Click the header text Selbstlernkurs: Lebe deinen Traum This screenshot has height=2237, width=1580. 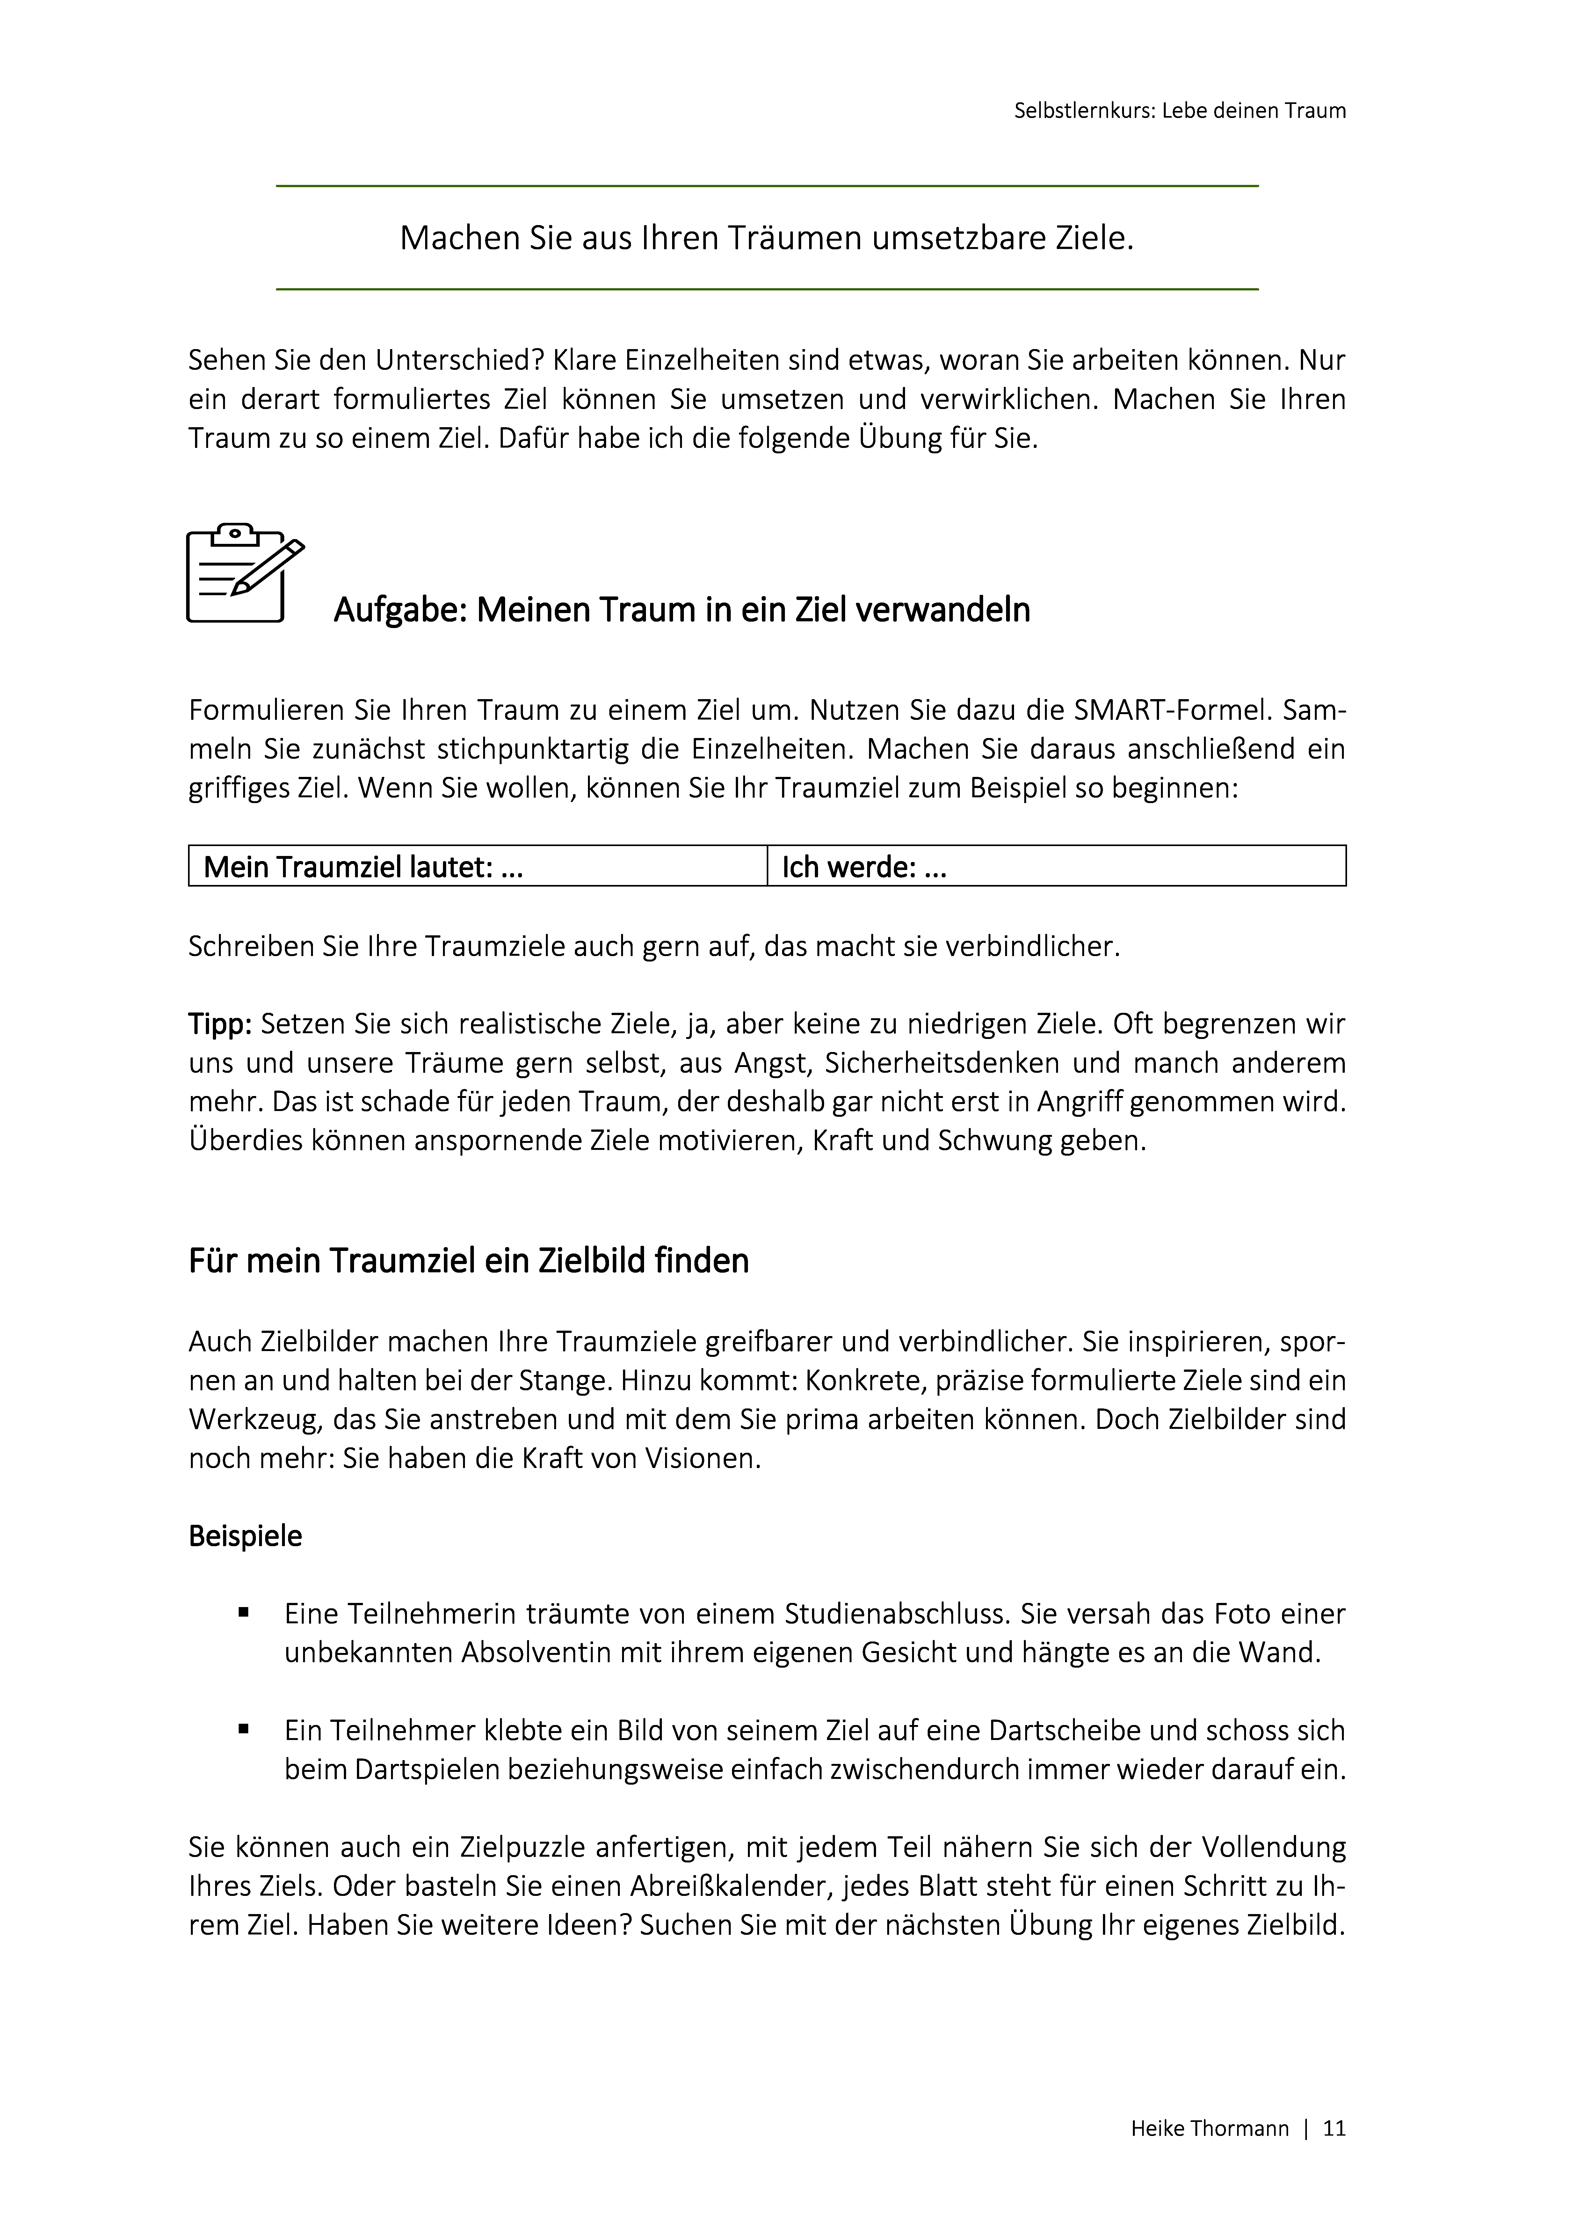coord(1180,111)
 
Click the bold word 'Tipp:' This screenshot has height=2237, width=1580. coord(220,1024)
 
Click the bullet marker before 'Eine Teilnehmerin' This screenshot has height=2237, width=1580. coord(243,1613)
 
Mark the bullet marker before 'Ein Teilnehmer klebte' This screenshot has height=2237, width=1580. coord(243,1730)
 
